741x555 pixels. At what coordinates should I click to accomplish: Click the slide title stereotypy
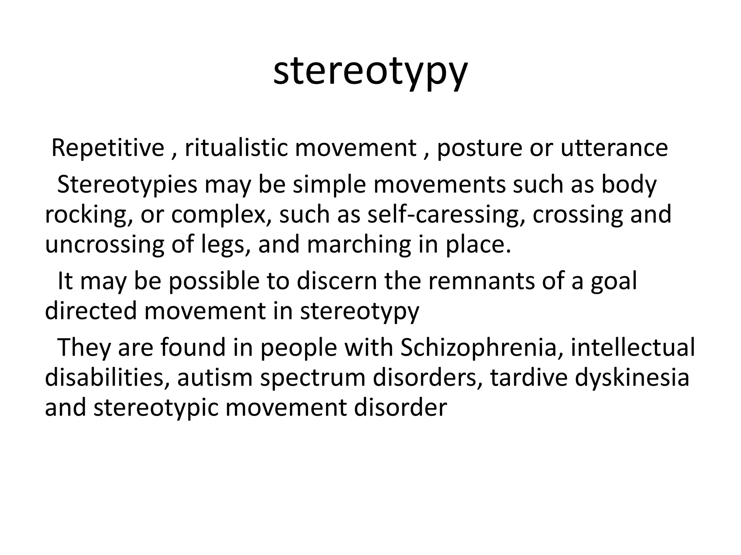coord(370,72)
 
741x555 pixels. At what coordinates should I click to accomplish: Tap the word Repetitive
coord(108,148)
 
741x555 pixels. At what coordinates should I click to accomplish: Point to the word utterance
coord(614,148)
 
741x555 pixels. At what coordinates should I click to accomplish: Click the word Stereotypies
coord(127,185)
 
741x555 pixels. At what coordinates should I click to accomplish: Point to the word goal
coord(614,281)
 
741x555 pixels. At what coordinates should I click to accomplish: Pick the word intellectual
coord(633,347)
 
